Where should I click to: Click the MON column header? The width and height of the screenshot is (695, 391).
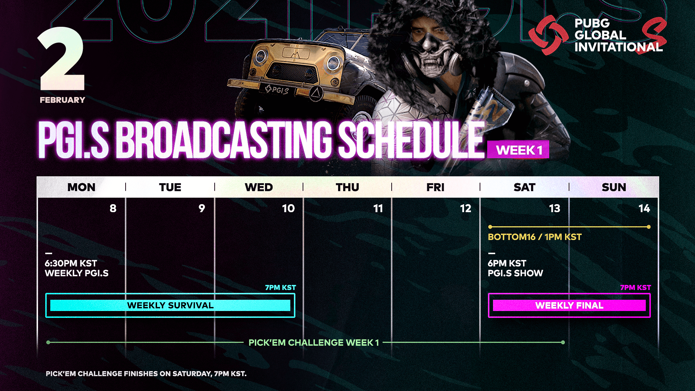81,187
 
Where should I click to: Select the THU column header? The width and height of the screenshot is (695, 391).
347,187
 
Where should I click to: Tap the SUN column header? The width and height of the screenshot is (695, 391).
614,187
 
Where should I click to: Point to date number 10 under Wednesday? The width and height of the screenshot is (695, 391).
288,208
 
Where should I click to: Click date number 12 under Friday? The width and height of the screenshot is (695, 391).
466,208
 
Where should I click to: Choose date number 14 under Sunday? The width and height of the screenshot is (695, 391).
644,208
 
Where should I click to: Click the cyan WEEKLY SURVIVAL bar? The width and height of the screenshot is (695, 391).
170,305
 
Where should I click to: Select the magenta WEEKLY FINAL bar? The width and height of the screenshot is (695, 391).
569,305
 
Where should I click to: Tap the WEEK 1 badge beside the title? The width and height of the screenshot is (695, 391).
518,150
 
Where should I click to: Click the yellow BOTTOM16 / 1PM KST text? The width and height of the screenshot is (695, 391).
535,237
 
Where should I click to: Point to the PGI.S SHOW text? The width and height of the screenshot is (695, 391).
515,273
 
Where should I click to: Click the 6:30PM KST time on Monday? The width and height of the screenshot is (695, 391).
71,263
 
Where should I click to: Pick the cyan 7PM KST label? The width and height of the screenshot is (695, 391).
281,287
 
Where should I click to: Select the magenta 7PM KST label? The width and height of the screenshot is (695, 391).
636,287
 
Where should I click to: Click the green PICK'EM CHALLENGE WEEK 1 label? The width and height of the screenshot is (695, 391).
313,342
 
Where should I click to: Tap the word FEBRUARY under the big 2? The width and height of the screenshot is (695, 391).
62,100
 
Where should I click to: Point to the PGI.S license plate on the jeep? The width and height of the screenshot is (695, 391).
277,89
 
